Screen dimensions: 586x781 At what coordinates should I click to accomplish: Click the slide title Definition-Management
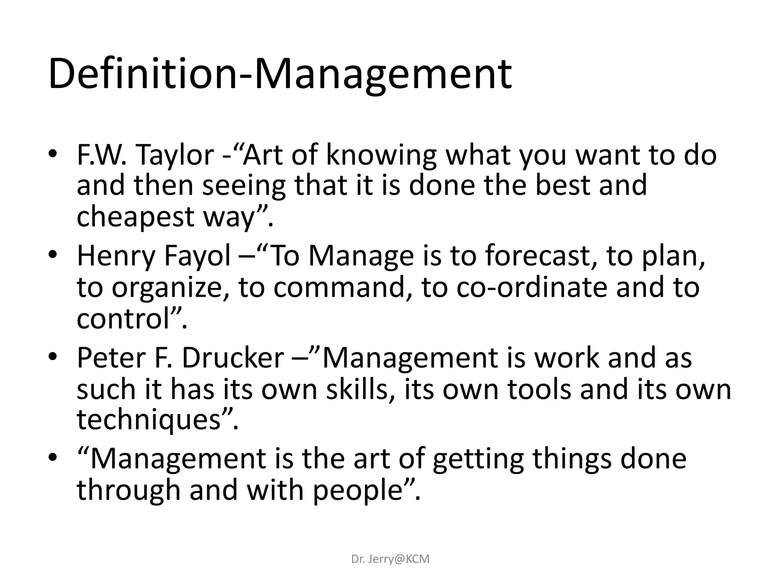pos(280,74)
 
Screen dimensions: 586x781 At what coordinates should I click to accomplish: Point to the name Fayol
pos(197,256)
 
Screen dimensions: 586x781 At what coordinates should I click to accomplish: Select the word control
pos(123,318)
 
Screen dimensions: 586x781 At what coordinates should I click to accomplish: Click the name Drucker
pos(233,358)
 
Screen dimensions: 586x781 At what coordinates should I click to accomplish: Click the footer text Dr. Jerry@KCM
pos(390,559)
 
